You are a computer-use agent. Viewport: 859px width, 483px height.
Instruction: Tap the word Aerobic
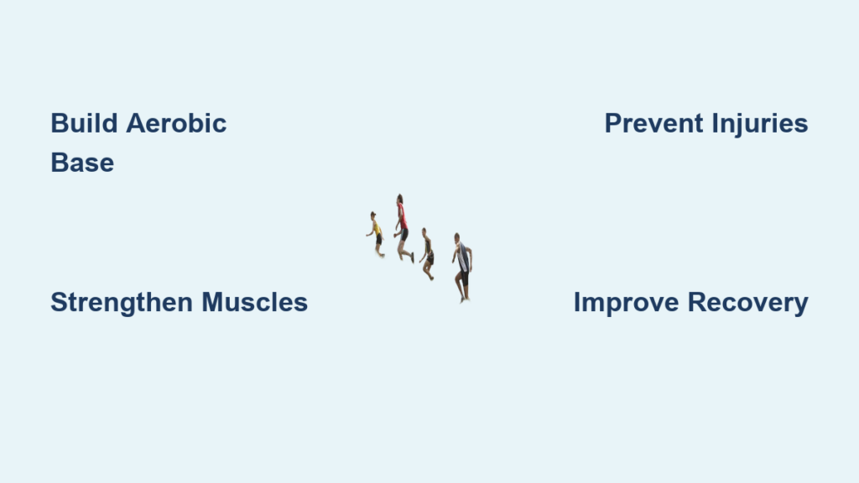176,123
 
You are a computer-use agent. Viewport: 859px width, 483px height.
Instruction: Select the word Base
82,163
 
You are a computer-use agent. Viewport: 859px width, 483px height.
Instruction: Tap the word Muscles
254,302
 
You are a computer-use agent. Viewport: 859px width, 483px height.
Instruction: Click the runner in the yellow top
377,235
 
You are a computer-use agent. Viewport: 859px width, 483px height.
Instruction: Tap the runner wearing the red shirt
403,227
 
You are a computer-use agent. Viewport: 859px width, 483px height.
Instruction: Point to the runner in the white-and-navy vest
463,267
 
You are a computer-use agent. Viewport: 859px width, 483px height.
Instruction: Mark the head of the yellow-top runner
373,216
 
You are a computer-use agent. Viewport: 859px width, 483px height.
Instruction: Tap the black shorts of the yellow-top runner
378,239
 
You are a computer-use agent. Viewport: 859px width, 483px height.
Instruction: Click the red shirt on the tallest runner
403,217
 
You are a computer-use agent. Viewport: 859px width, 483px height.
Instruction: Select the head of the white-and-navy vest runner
457,238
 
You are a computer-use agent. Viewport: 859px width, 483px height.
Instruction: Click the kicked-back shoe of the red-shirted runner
412,258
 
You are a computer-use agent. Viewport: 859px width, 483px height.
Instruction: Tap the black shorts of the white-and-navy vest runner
465,278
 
